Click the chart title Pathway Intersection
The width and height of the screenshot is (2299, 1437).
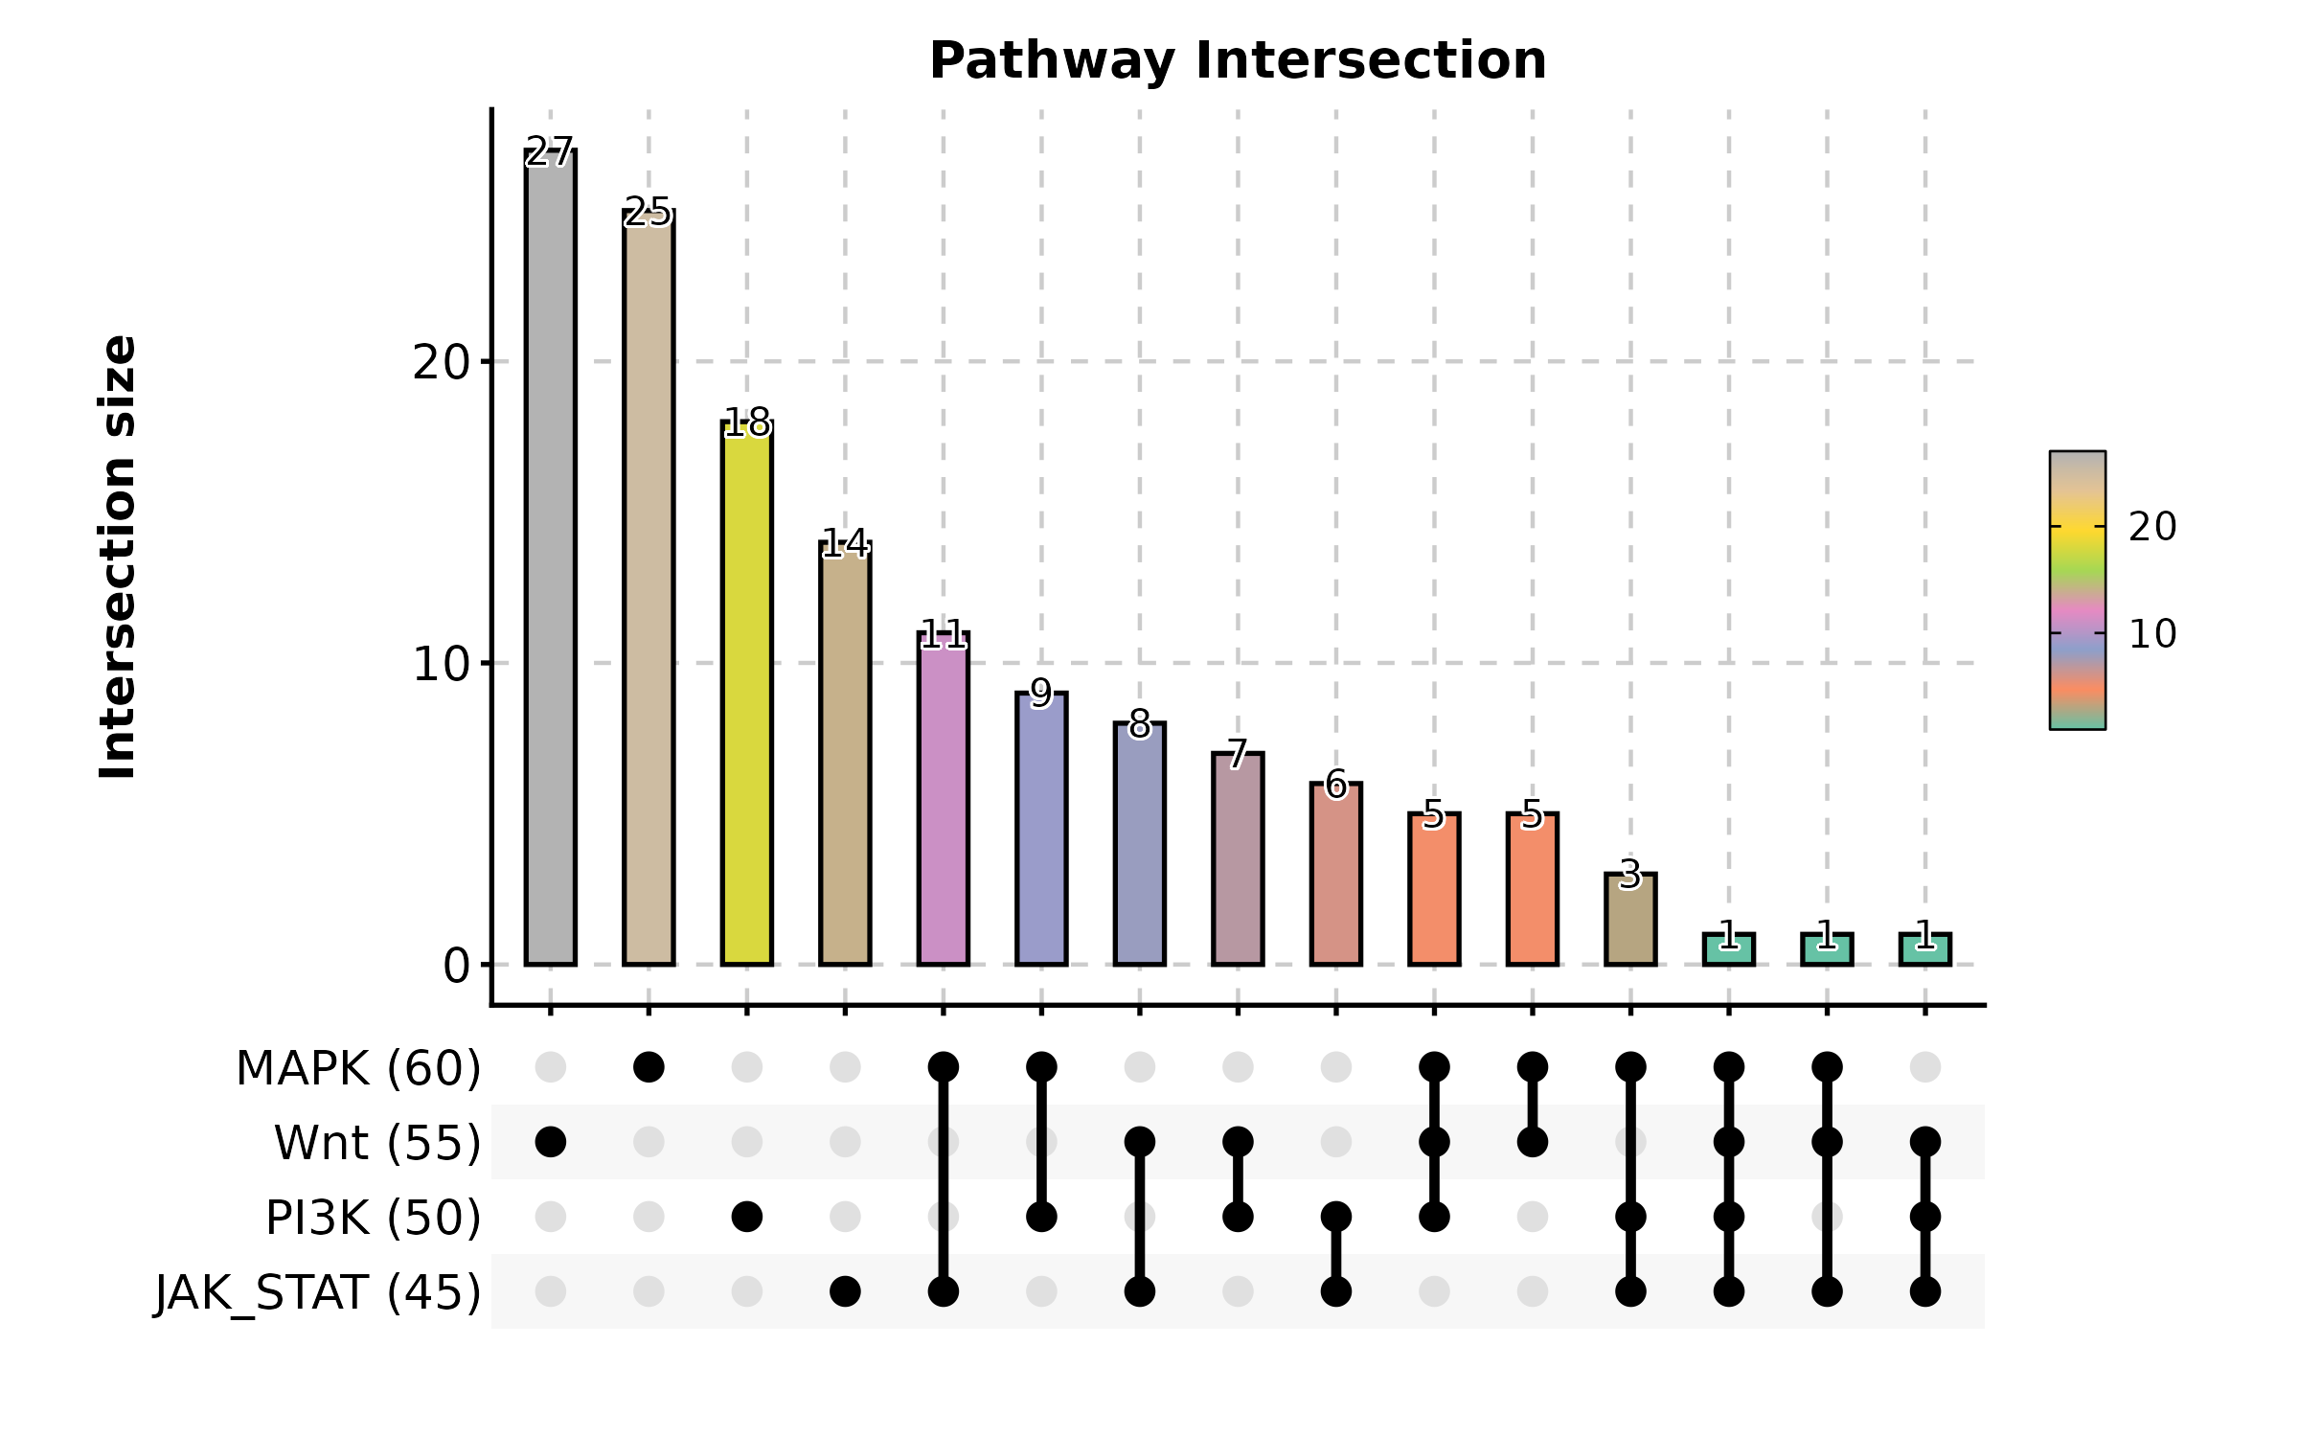tap(1238, 61)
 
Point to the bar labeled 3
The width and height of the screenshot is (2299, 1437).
tap(1630, 919)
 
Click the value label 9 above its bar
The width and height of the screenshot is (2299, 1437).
tap(1041, 694)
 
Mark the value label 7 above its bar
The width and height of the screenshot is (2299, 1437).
tap(1238, 754)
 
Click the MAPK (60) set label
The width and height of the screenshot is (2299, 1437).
tap(358, 1068)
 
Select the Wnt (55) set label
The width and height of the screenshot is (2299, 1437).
tap(377, 1143)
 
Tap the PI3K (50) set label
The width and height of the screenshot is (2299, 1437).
tap(373, 1218)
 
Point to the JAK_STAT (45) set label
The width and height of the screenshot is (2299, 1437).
tap(318, 1292)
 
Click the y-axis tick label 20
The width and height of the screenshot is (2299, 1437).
tap(441, 363)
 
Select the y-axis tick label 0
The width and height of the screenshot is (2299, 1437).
tap(456, 966)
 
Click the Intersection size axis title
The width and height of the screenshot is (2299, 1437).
tap(119, 557)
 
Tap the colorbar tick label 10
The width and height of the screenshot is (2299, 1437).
tap(2152, 634)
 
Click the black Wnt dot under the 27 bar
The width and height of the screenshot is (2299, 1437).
tap(551, 1142)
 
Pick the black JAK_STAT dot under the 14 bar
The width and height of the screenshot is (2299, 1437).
tap(845, 1291)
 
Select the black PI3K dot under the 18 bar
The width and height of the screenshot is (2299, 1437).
tap(747, 1217)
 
